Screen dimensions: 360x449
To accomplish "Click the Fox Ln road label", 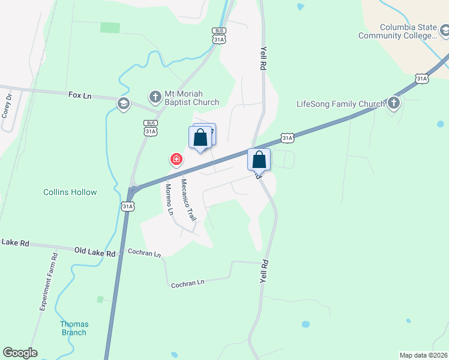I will coord(80,95).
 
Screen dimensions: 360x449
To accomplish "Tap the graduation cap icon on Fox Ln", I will coord(124,104).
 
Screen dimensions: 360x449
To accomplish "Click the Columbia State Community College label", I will coord(397,31).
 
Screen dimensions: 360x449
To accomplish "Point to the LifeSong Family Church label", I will coord(340,104).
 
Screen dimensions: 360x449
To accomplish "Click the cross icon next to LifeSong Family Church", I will coord(393,104).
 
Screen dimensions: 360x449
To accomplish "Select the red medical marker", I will coord(176,159).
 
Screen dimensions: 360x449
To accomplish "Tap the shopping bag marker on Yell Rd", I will coord(259,160).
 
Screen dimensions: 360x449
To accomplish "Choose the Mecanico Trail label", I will coord(188,200).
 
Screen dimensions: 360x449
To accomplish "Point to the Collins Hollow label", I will coord(70,193).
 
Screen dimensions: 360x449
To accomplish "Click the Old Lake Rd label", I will coord(95,254).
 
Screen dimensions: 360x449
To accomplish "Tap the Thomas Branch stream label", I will coord(73,328).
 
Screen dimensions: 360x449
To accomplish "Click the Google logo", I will coord(20,353).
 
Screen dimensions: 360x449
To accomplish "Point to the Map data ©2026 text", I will coord(423,355).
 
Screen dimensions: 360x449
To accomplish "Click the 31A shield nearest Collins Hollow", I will coord(127,206).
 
